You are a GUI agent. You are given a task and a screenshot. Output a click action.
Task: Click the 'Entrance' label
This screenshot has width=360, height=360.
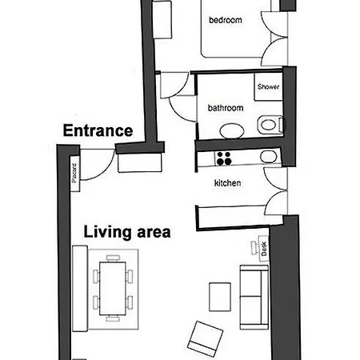98,130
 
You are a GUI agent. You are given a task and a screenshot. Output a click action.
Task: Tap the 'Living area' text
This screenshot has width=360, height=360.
127,232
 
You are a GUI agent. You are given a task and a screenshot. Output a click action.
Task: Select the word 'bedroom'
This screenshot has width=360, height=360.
226,20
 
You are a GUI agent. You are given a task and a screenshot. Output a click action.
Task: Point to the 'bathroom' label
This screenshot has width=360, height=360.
226,108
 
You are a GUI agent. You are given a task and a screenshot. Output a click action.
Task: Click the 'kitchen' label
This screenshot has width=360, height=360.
227,183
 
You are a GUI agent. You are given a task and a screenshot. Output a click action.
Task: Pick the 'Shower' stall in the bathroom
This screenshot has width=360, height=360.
268,86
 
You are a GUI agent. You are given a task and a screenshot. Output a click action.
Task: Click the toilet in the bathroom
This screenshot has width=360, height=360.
270,125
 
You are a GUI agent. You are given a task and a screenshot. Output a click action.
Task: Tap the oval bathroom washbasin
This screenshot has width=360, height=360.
232,130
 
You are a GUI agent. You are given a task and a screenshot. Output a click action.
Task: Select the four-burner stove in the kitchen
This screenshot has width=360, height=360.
224,158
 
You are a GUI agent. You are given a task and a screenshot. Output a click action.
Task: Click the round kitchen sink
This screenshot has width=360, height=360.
268,157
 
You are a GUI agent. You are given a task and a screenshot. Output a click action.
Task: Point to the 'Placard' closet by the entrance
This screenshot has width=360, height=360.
74,174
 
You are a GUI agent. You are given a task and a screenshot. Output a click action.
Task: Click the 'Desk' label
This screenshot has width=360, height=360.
264,249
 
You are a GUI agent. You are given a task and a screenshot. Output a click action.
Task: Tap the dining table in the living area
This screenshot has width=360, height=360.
113,288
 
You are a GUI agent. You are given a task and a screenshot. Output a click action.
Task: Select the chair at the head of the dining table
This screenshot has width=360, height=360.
113,258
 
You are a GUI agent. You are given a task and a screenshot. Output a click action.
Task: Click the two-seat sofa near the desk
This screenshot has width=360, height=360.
254,297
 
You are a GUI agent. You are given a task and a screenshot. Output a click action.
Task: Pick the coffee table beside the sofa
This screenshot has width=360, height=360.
220,297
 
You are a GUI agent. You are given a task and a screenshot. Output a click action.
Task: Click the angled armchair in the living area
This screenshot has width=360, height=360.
205,338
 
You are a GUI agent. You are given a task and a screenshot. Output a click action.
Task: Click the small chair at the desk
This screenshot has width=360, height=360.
254,248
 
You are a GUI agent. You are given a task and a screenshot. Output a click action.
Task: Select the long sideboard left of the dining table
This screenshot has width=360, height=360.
80,289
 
